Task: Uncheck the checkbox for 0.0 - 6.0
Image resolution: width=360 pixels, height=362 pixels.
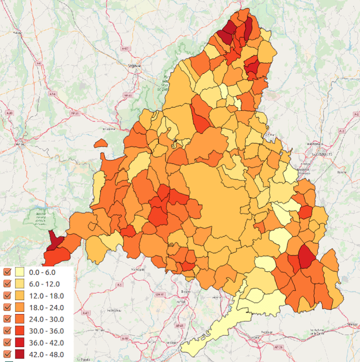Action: [7, 272]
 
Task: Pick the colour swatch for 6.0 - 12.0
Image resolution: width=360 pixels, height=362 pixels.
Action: [19, 284]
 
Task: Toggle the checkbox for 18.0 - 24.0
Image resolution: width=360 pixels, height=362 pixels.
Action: [7, 307]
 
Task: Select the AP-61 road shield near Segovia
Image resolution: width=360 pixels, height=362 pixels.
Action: [128, 95]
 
